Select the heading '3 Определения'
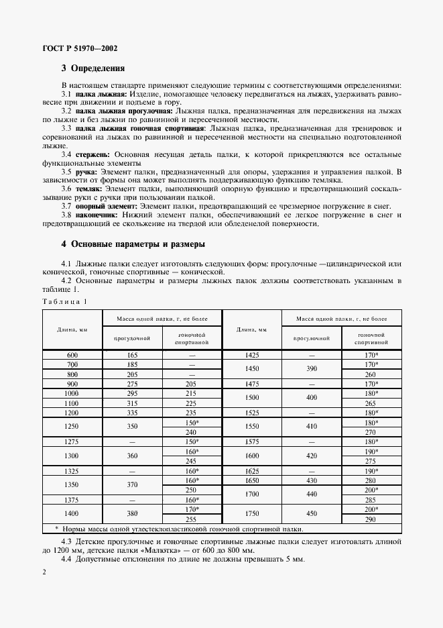(x=92, y=69)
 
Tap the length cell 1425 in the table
(x=252, y=354)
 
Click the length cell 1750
(x=252, y=515)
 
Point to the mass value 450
(x=311, y=515)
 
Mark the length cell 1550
(x=252, y=427)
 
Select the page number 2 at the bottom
(x=44, y=572)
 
